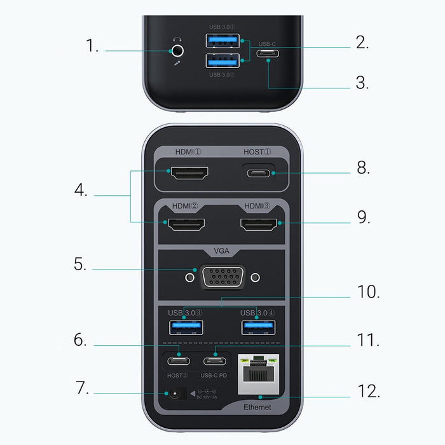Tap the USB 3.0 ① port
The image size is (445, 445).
tap(222, 41)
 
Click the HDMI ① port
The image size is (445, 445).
tap(187, 173)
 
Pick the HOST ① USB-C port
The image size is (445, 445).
tap(258, 174)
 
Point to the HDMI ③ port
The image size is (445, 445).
tap(258, 224)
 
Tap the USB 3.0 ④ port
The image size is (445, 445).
tap(258, 327)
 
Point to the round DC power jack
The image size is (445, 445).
tap(172, 395)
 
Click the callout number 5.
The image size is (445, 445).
tap(79, 264)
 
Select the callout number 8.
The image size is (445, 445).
tap(364, 168)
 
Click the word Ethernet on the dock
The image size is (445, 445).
tap(257, 407)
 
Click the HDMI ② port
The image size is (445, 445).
tap(186, 224)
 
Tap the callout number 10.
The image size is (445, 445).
tap(368, 292)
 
